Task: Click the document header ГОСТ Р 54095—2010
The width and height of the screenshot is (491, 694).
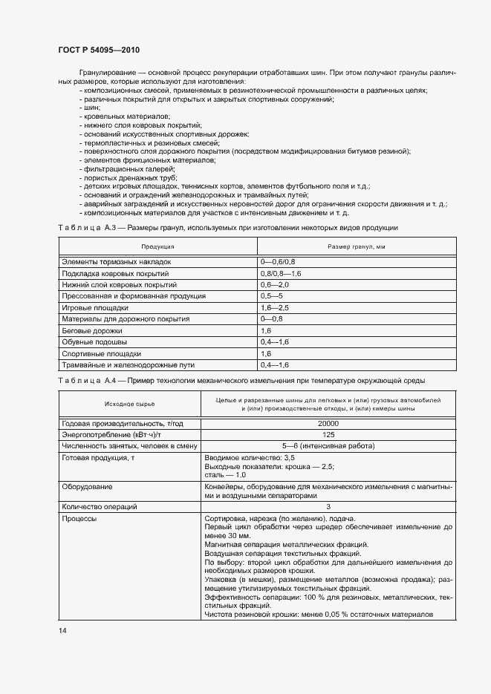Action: tap(98, 49)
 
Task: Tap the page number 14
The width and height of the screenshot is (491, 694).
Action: tap(62, 630)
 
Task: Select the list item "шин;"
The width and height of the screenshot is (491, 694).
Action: tap(90, 108)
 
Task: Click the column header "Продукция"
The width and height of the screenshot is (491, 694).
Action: tap(157, 246)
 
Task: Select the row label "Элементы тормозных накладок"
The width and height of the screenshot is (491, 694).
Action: tap(117, 262)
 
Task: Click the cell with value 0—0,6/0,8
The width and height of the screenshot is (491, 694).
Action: tap(278, 262)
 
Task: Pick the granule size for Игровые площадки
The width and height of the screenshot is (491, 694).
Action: tap(274, 307)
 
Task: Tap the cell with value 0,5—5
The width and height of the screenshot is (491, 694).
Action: tap(270, 296)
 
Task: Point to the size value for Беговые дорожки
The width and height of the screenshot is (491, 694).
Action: tap(266, 330)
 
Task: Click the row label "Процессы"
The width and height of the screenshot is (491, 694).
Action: tap(80, 518)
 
